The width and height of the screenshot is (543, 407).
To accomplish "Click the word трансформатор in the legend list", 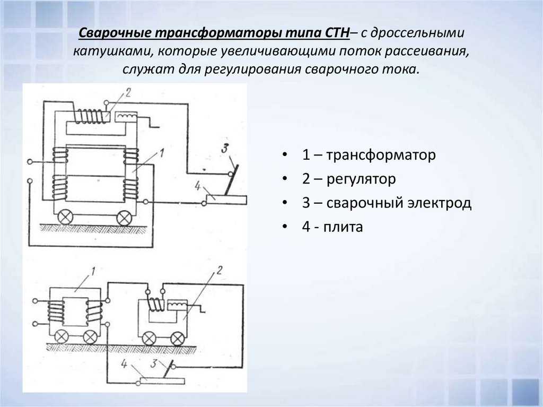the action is tap(381, 155).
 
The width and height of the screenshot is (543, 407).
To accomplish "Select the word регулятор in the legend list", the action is tap(361, 179).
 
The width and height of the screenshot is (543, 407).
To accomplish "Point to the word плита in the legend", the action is tap(343, 227).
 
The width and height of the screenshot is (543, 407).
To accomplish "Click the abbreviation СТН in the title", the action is tap(338, 33).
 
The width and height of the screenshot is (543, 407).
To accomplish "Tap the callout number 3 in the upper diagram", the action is tap(225, 148).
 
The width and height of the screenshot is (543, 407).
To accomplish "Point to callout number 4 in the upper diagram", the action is tap(198, 186).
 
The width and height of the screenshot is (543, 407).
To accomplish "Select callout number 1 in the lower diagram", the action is tap(92, 271).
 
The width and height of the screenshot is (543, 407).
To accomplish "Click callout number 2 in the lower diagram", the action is tap(219, 270).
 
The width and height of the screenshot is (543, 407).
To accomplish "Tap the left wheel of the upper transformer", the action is tap(65, 218).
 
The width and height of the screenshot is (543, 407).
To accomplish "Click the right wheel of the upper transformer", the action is tap(124, 218).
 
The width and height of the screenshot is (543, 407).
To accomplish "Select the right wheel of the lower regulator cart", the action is tap(178, 339).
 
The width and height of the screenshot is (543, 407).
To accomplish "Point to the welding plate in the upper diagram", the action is tap(226, 200).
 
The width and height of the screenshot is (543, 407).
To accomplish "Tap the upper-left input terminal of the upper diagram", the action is tap(30, 162).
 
